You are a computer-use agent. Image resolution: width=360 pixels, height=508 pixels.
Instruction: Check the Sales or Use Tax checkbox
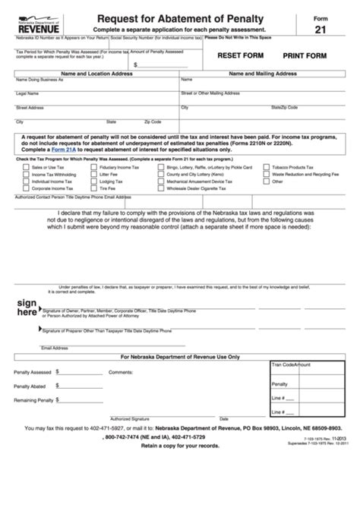coord(24,166)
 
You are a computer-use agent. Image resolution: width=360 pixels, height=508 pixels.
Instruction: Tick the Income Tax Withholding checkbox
coord(24,175)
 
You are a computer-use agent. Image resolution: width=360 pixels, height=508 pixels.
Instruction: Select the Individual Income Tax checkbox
coord(24,182)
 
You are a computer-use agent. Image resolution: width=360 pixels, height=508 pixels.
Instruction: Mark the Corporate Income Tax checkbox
coord(24,190)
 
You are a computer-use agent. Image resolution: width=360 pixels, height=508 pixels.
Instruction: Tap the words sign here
coord(27,308)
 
